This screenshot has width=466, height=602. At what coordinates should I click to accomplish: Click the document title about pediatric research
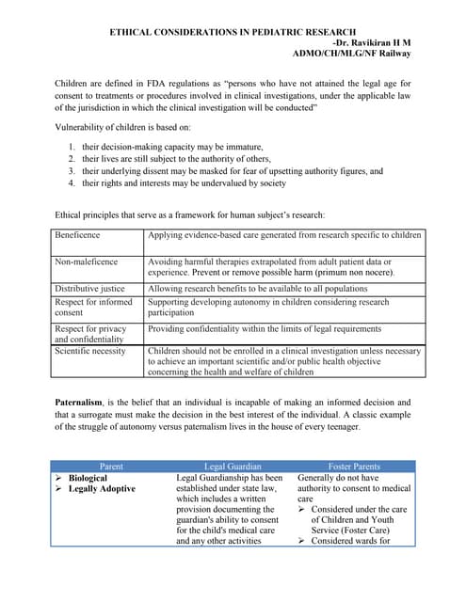233,32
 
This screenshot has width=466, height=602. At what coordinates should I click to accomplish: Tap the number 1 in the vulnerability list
72,147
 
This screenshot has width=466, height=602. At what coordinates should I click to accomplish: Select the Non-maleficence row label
87,261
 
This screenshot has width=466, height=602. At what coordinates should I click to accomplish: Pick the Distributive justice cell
89,289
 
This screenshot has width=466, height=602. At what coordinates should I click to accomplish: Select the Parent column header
110,466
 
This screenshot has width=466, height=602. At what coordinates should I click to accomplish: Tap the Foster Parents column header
353,466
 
